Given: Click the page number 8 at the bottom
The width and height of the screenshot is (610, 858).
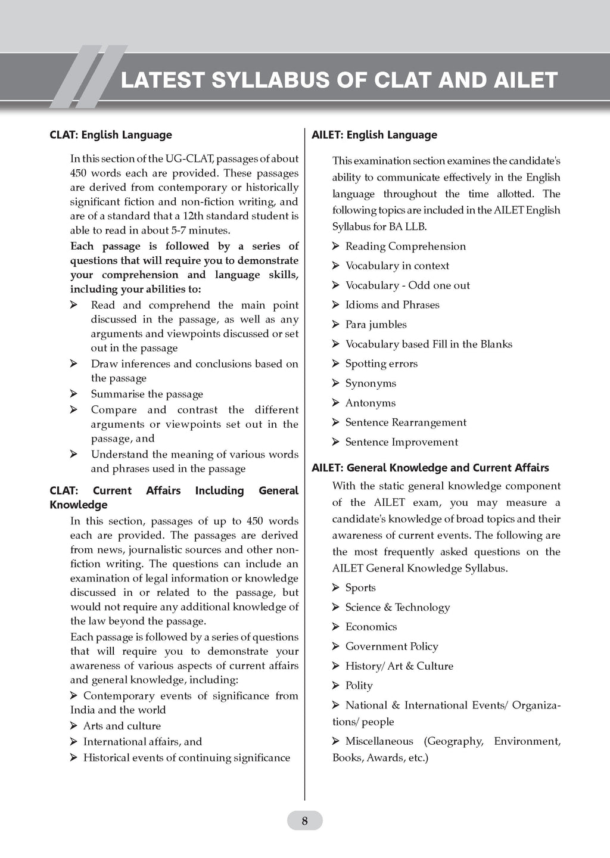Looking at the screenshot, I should tap(304, 821).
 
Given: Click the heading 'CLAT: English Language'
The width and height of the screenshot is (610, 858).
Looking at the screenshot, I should tap(111, 135).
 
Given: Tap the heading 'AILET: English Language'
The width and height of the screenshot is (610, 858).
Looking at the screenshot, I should tap(374, 135).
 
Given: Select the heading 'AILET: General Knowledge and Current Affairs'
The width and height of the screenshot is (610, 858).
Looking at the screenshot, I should tap(430, 468).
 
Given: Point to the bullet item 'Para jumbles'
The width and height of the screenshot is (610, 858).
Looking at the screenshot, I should tap(376, 325).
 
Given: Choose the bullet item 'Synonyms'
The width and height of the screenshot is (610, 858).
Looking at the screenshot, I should tap(371, 384).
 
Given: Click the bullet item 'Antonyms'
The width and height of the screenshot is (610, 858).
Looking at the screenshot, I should tap(370, 403).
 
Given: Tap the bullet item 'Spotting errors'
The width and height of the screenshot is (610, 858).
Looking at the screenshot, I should tap(381, 364).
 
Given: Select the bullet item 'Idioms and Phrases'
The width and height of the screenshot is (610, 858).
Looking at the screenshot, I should tap(392, 305).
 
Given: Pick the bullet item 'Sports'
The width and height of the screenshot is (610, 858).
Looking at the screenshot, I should tap(360, 588).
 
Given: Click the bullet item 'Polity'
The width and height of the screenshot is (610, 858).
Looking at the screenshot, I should tap(359, 686).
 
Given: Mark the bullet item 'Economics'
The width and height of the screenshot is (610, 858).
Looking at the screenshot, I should tap(371, 627).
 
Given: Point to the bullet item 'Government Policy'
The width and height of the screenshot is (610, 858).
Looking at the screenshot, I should tap(391, 646).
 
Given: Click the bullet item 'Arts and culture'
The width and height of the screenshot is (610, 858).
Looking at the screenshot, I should tap(122, 726).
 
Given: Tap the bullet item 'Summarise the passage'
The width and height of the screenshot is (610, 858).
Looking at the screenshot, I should tap(147, 394).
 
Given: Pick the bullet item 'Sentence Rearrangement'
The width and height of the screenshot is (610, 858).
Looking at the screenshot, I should tap(406, 423).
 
